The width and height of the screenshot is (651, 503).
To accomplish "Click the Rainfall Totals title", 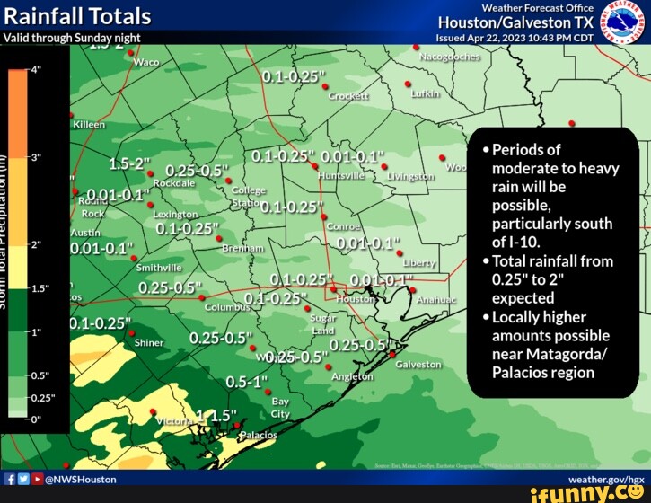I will click(x=77, y=15).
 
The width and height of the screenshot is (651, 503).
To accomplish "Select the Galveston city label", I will click(x=418, y=365).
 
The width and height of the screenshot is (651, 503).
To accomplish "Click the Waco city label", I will click(x=145, y=62).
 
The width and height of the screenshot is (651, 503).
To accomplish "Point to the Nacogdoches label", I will click(x=450, y=55).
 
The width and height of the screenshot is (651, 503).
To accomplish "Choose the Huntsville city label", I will click(x=341, y=176).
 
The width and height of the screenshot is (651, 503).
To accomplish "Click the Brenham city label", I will click(x=242, y=248).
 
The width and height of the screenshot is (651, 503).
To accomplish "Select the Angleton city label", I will click(x=352, y=377).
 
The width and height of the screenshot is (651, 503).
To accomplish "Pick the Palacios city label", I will click(x=260, y=435).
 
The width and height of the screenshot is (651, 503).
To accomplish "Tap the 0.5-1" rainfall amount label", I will click(x=248, y=382).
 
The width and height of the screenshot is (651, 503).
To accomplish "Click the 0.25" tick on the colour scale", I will click(x=43, y=396).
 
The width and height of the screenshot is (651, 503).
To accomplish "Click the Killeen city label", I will click(x=89, y=124).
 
